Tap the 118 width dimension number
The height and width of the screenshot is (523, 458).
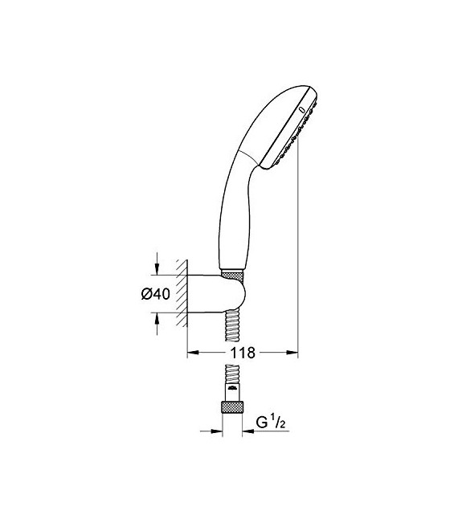243,353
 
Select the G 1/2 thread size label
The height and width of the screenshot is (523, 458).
272,421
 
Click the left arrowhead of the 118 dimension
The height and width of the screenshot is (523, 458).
192,352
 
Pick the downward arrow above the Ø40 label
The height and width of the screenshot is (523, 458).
157,269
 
